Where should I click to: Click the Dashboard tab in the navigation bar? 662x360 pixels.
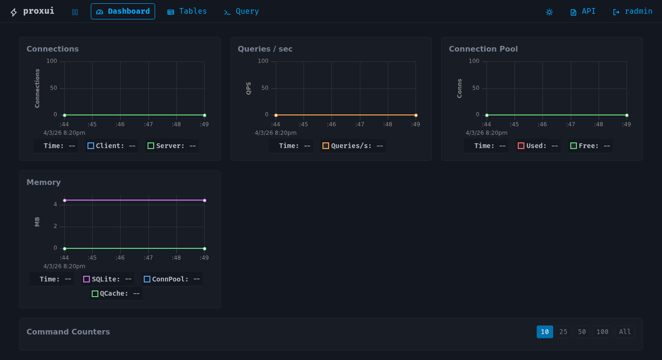pyautogui.click(x=123, y=11)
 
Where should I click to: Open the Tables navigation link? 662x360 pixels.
pyautogui.click(x=187, y=11)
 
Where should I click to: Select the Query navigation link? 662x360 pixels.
pyautogui.click(x=241, y=11)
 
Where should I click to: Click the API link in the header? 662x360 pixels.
pyautogui.click(x=583, y=11)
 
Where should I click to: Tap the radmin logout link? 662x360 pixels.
pyautogui.click(x=633, y=11)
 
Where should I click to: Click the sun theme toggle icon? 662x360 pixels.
pyautogui.click(x=549, y=12)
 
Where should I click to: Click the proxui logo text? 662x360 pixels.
pyautogui.click(x=38, y=11)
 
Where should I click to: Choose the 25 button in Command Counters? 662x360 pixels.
pyautogui.click(x=563, y=332)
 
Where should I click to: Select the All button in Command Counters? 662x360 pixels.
pyautogui.click(x=625, y=332)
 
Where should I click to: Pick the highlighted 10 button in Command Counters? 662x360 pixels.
pyautogui.click(x=545, y=332)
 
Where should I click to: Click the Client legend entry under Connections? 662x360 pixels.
pyautogui.click(x=112, y=146)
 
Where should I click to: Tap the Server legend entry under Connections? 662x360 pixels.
pyautogui.click(x=172, y=146)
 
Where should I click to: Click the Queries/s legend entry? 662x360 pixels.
pyautogui.click(x=353, y=146)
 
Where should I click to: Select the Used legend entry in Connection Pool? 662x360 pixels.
pyautogui.click(x=538, y=146)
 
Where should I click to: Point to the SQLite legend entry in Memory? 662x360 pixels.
pyautogui.click(x=107, y=279)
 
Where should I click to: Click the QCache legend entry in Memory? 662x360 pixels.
pyautogui.click(x=116, y=293)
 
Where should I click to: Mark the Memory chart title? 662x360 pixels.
pyautogui.click(x=44, y=183)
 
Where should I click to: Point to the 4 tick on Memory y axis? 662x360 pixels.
pyautogui.click(x=55, y=204)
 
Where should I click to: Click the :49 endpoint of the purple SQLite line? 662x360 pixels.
pyautogui.click(x=204, y=201)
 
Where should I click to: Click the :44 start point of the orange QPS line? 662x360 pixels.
pyautogui.click(x=276, y=115)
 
